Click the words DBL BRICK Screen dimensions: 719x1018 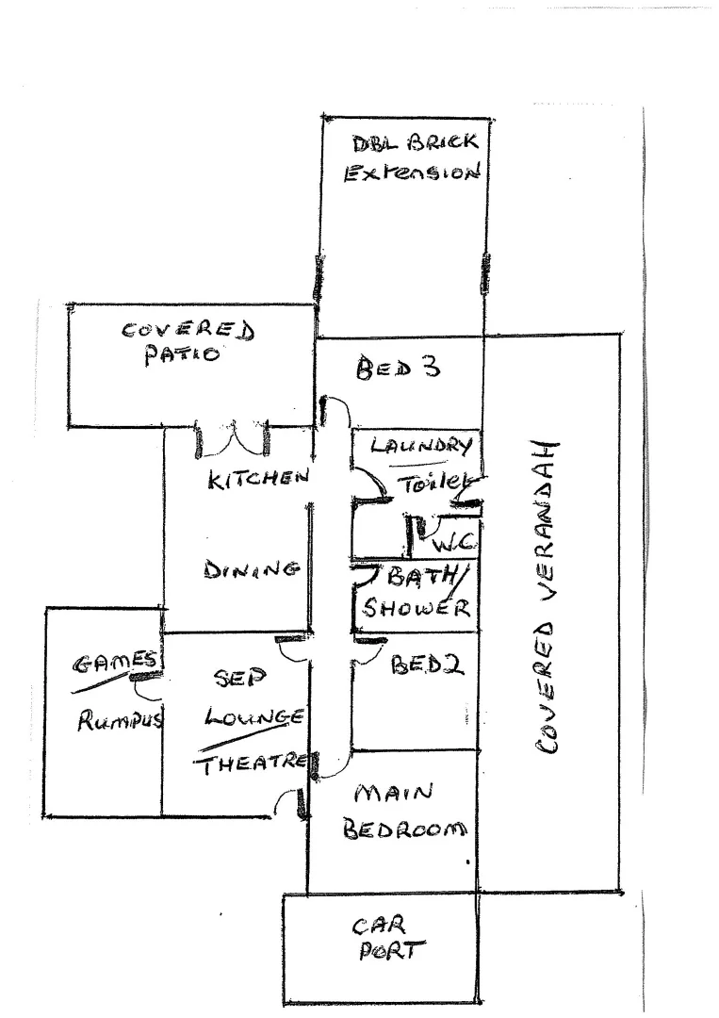(x=416, y=144)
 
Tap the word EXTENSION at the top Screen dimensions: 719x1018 (x=413, y=174)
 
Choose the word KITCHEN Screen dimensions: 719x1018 (x=258, y=479)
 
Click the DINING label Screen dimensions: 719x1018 (x=252, y=569)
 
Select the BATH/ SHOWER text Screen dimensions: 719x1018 (x=416, y=592)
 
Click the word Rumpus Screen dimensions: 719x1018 (x=120, y=722)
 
